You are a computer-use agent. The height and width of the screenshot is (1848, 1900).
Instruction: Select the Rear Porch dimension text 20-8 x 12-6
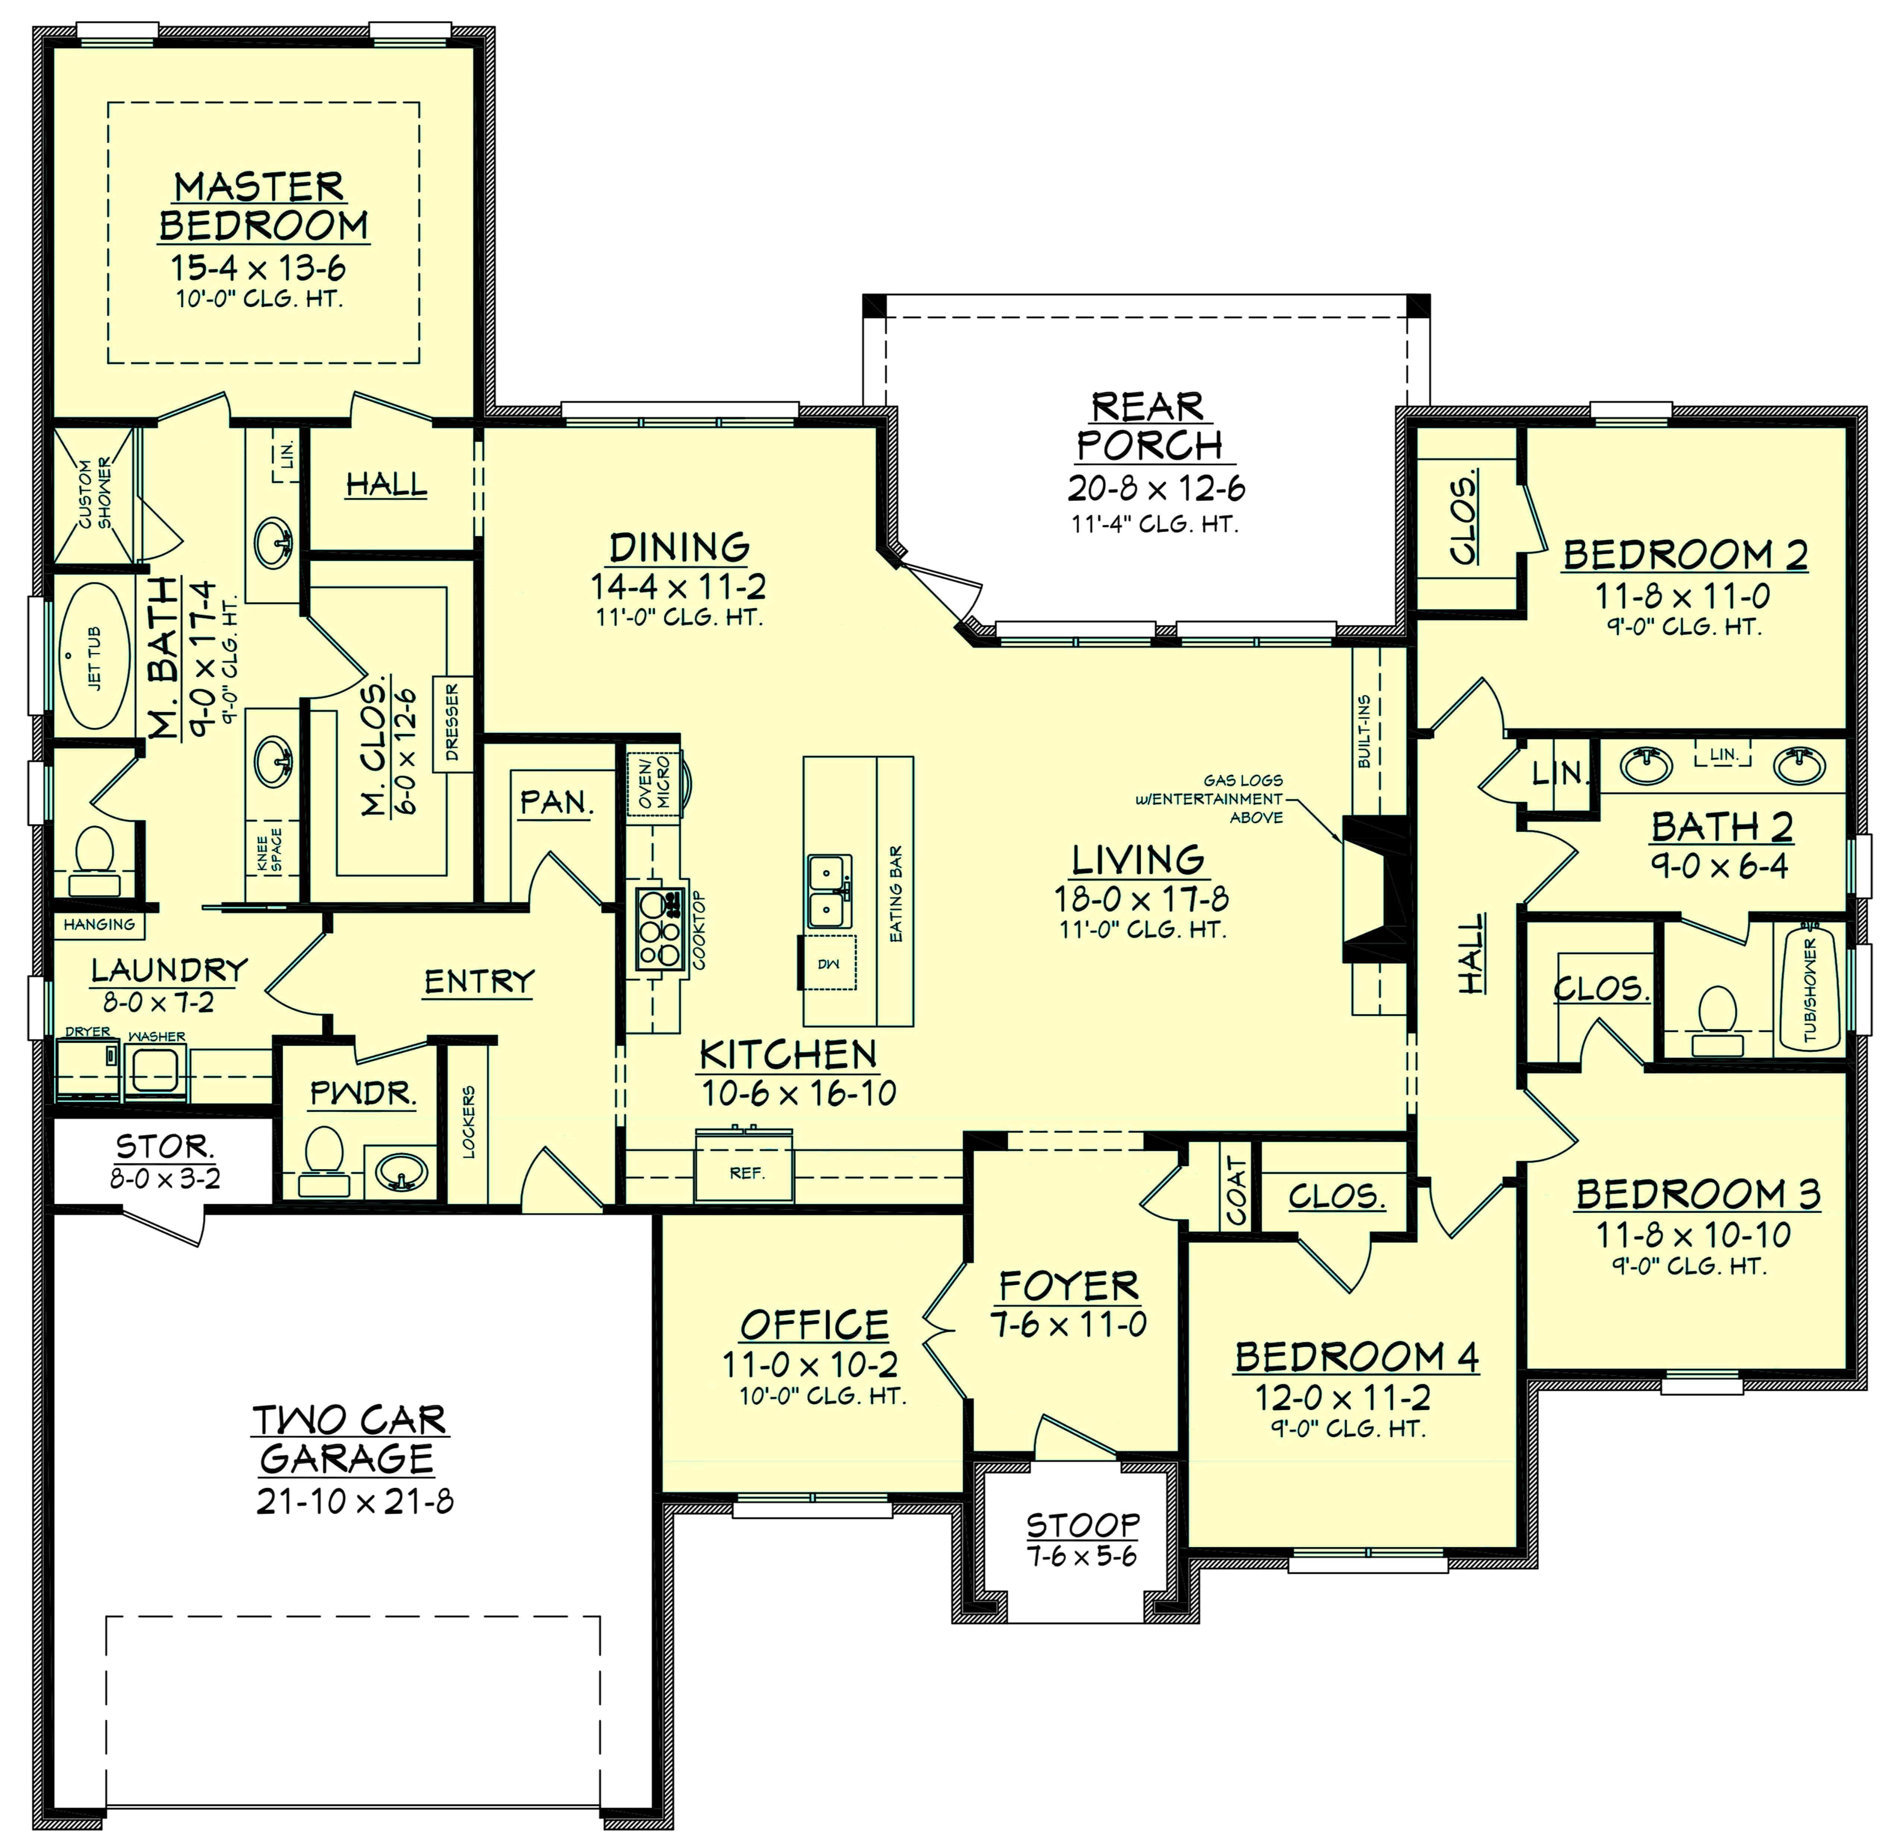pyautogui.click(x=1156, y=487)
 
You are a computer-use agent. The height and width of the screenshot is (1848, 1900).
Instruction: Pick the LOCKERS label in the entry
pyautogui.click(x=469, y=1122)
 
